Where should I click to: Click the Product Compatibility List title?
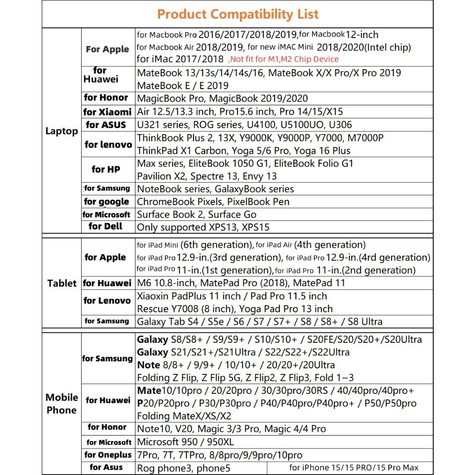click(237, 14)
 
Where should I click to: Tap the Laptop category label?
click(62, 131)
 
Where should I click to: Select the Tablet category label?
click(62, 283)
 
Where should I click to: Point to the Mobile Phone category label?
click(62, 404)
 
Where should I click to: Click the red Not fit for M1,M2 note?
click(283, 59)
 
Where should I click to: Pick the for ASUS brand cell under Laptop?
click(106, 124)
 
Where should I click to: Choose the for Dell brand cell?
click(106, 226)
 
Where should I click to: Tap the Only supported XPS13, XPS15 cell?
click(203, 227)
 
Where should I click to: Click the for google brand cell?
click(106, 202)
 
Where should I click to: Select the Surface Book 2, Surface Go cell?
click(197, 215)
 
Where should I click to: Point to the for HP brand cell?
click(106, 169)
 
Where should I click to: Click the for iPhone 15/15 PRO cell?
click(353, 468)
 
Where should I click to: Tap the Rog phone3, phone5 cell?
click(184, 468)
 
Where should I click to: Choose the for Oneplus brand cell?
click(108, 455)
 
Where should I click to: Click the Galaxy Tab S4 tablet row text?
click(260, 321)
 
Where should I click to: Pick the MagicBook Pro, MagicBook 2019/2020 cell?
click(223, 98)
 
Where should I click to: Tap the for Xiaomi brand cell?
click(107, 112)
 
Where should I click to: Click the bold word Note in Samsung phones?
click(148, 365)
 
